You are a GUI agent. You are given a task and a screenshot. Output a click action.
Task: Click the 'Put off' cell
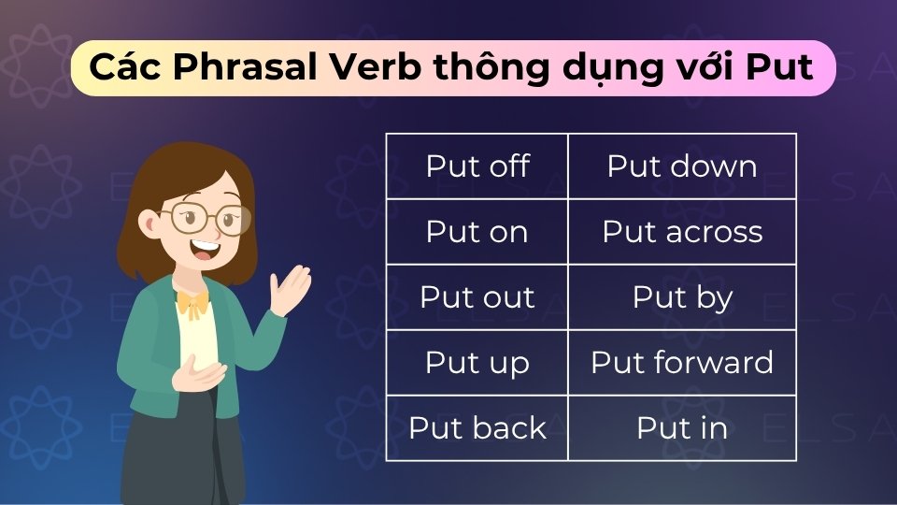[x=477, y=166]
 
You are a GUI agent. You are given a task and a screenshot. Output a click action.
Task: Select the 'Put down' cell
[x=682, y=166]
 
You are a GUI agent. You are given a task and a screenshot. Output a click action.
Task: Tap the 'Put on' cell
[x=477, y=232]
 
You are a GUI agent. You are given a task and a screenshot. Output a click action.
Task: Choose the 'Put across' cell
[x=682, y=232]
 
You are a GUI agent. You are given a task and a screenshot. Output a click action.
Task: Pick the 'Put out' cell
[x=477, y=297]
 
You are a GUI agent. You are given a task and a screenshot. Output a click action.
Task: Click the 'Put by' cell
[x=682, y=297]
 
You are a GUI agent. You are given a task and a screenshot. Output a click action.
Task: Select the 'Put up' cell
[x=477, y=363]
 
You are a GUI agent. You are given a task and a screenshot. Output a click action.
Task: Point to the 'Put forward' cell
[x=682, y=363]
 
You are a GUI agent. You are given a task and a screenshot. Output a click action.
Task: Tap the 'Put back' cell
[x=477, y=428]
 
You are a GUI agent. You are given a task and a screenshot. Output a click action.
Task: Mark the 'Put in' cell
[x=682, y=428]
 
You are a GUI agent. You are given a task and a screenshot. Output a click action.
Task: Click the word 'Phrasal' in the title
[x=221, y=68]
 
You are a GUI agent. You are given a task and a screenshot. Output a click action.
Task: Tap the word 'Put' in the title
[x=779, y=68]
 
